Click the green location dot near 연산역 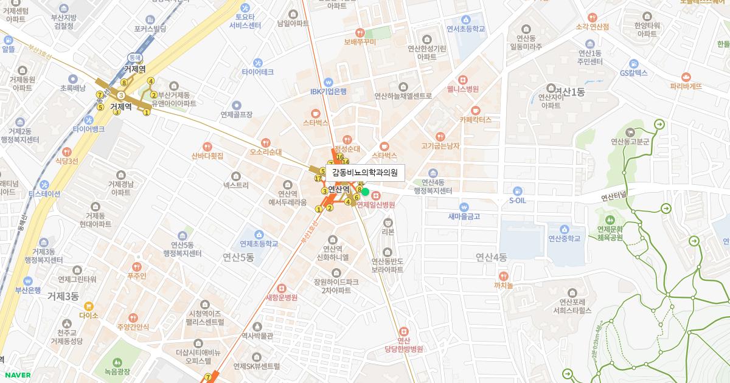366,191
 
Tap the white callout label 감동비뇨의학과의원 364,173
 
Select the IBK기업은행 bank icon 328,82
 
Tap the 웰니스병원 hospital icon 462,80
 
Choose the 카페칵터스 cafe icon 475,111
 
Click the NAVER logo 16,375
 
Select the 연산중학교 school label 565,238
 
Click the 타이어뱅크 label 89,129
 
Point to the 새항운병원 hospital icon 281,288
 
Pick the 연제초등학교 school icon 259,235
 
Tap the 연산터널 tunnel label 617,198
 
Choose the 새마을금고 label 464,216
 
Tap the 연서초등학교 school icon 466,19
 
